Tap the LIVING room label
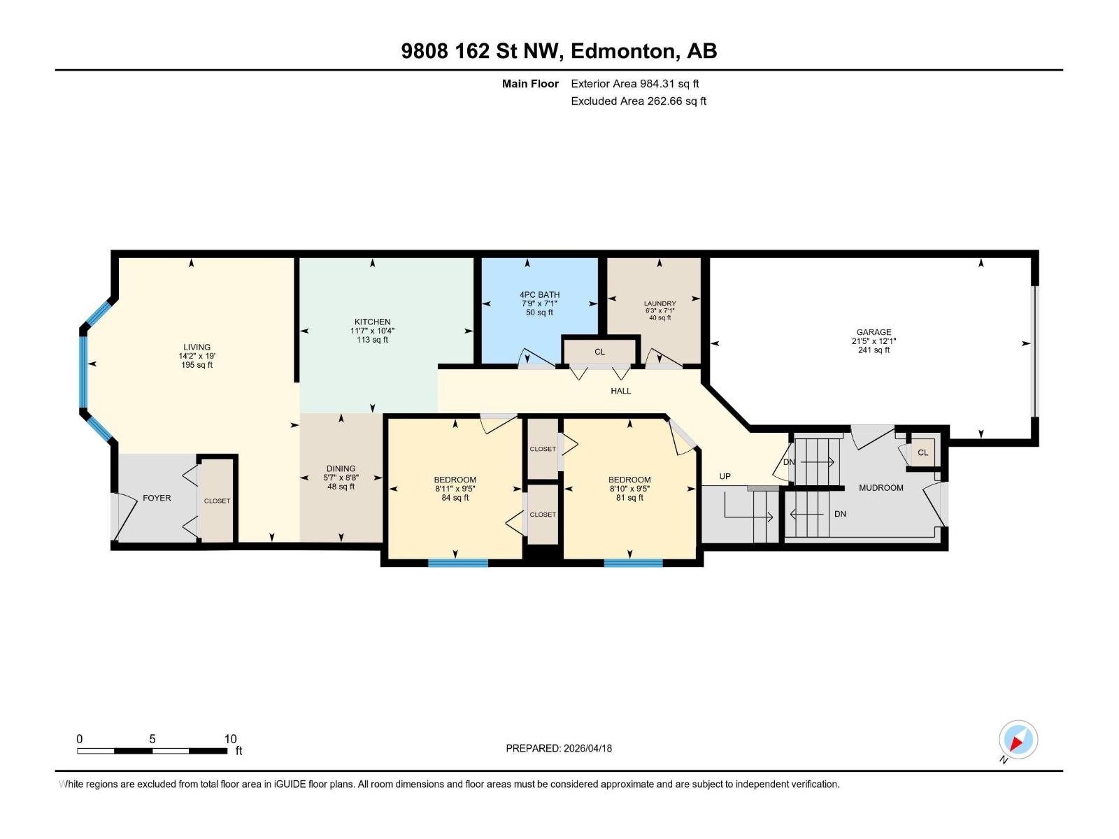click(x=197, y=347)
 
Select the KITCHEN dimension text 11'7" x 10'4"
click(x=372, y=331)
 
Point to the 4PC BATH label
click(x=539, y=294)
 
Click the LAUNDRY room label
click(x=660, y=303)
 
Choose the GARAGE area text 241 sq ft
click(x=874, y=350)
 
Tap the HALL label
click(x=620, y=391)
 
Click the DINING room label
click(x=341, y=468)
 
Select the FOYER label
click(x=157, y=498)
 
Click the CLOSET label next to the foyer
click(x=217, y=501)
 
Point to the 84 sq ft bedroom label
click(x=455, y=498)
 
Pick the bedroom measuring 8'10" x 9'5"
click(x=629, y=489)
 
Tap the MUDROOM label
click(x=881, y=487)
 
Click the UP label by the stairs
click(x=725, y=476)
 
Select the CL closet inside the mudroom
click(x=922, y=452)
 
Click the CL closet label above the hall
click(x=599, y=352)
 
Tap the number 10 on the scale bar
click(x=230, y=738)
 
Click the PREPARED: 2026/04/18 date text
click(x=559, y=748)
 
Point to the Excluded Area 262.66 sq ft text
click(x=638, y=101)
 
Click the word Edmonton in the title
click(x=624, y=51)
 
